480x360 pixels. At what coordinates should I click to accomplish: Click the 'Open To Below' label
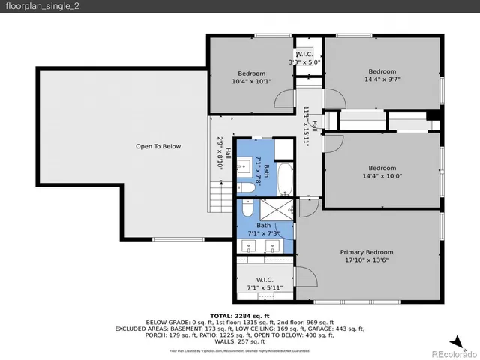pyautogui.click(x=158, y=146)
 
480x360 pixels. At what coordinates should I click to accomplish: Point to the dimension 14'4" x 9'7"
pyautogui.click(x=382, y=78)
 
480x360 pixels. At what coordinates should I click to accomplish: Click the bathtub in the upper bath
pyautogui.click(x=286, y=178)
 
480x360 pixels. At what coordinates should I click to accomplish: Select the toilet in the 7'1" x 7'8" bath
pyautogui.click(x=245, y=187)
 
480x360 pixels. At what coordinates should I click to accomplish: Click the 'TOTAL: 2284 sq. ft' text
pyautogui.click(x=239, y=316)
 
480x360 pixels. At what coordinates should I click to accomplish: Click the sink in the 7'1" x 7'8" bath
pyautogui.click(x=245, y=164)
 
